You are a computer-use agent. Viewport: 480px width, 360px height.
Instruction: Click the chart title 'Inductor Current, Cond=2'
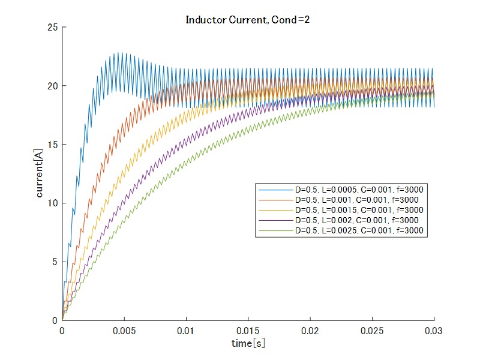click(247, 20)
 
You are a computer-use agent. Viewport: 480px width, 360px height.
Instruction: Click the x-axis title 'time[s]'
click(248, 344)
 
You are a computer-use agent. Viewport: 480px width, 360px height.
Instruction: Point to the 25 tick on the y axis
click(53, 28)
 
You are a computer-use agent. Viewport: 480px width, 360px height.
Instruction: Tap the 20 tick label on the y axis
click(53, 86)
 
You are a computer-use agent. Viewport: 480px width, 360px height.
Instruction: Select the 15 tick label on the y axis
click(53, 145)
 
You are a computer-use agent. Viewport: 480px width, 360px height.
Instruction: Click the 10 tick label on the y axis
click(53, 203)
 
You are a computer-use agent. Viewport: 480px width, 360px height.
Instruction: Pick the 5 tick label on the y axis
click(55, 262)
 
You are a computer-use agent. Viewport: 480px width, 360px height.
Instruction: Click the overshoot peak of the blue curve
click(122, 53)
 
